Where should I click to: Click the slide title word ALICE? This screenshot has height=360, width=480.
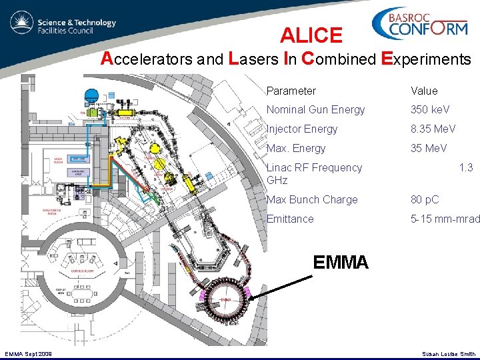coord(311,35)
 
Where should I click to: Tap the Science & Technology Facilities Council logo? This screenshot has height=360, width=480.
coord(64,25)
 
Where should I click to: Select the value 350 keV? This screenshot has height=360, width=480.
coord(430,109)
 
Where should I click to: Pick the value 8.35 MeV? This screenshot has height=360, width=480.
coord(433,129)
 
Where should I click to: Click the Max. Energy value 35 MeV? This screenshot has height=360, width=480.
coord(429,148)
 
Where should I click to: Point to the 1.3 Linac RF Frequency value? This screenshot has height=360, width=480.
coord(466,167)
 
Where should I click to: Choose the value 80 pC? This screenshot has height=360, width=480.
coord(425,199)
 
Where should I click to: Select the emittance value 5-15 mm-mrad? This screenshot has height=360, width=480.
coord(445,219)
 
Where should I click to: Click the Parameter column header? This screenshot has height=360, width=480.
coord(291,91)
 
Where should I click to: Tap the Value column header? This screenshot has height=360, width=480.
coord(424,91)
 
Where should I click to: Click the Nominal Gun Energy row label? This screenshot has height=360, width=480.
coord(315,109)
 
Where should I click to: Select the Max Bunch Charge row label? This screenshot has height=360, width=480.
coord(312,199)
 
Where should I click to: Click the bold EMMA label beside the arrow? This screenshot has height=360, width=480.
coord(340,263)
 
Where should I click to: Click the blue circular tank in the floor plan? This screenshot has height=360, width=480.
coord(93,94)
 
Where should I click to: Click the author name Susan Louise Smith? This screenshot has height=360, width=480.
coord(449,354)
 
